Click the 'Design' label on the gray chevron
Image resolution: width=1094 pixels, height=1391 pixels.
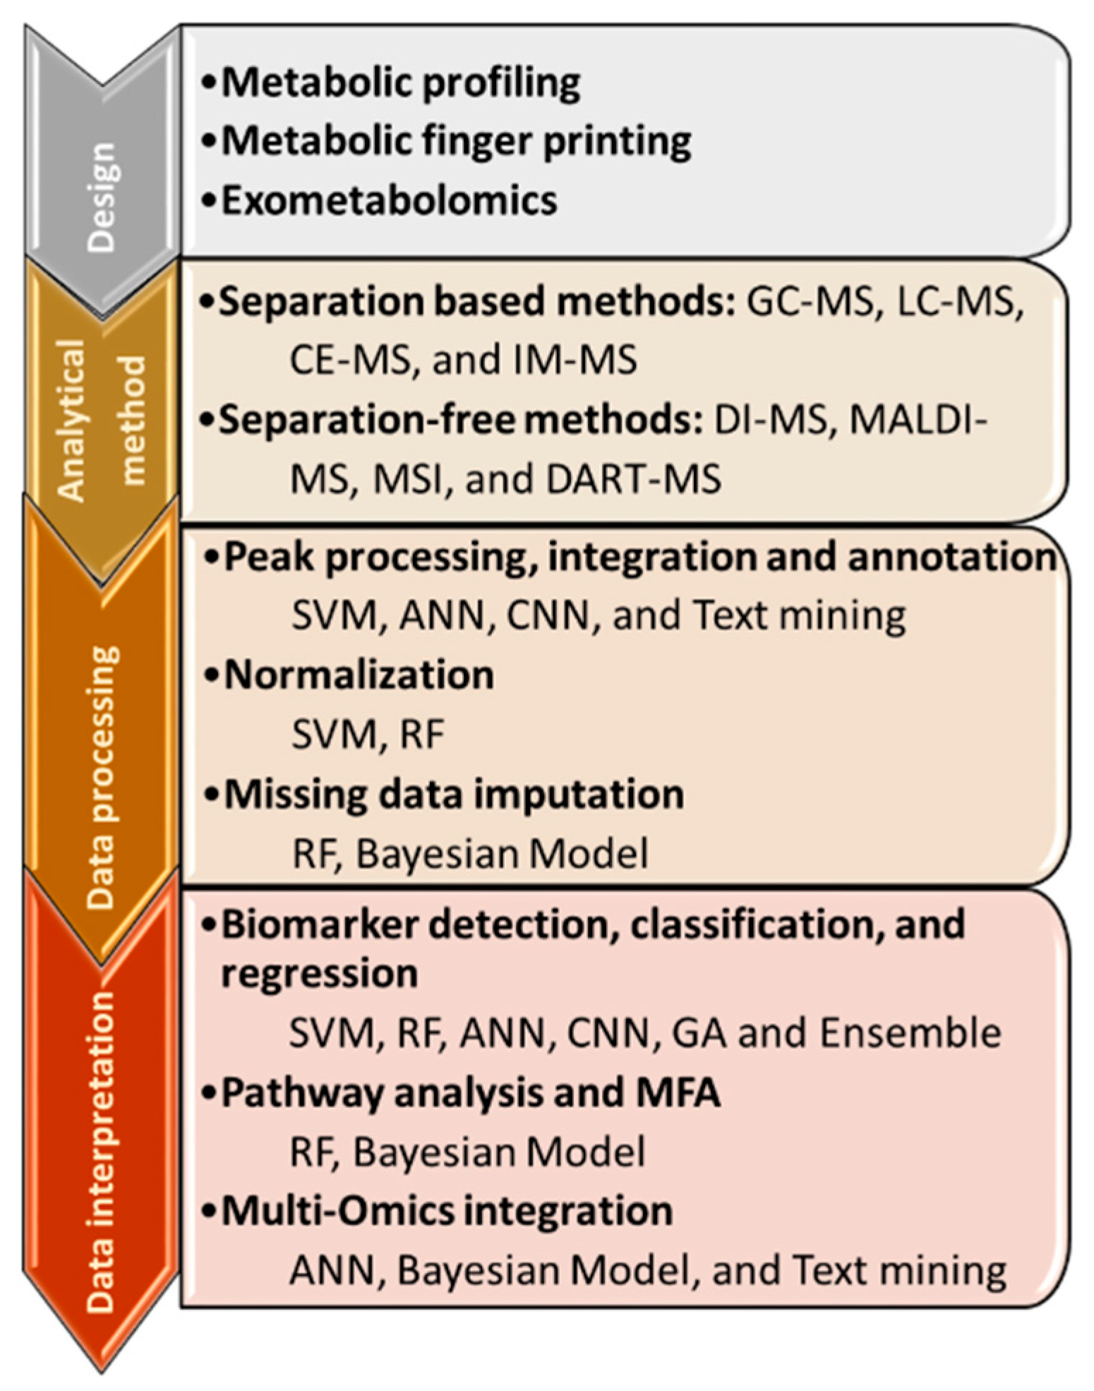tap(102, 197)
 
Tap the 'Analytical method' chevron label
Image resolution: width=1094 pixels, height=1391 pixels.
tap(102, 421)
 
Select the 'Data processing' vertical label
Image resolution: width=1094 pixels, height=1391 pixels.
tap(102, 777)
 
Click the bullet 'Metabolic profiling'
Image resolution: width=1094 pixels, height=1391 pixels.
tap(401, 83)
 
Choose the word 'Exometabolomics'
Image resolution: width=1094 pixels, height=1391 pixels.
tap(390, 200)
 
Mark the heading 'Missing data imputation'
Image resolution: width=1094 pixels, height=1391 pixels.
tap(454, 795)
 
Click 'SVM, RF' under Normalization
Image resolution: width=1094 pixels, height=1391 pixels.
tap(368, 735)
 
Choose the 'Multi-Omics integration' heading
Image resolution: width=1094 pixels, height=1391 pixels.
tap(447, 1212)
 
